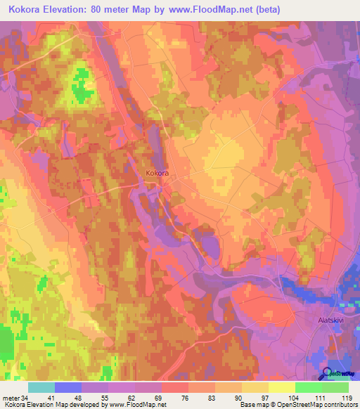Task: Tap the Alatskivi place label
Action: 327,320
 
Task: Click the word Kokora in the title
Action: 27,10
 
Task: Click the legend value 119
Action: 346,397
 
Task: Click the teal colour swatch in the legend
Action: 41,387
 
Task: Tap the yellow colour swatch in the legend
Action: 281,387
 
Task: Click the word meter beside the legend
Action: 11,397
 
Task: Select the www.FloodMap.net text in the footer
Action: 134,405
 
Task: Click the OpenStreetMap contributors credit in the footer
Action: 318,405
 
